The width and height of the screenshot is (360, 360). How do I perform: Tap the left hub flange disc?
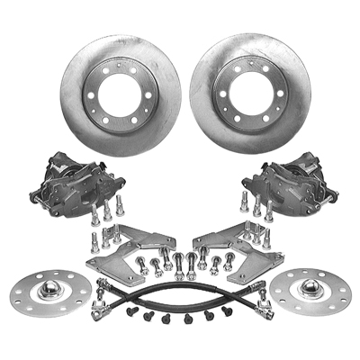click(53, 290)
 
